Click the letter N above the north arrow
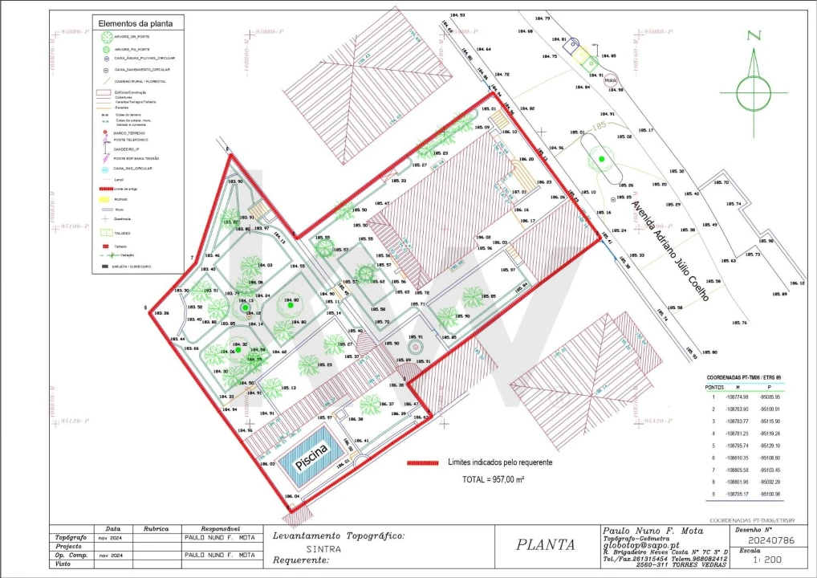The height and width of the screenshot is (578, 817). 753,35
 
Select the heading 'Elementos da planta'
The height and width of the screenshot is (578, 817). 136,23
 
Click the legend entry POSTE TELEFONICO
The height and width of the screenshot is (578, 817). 131,140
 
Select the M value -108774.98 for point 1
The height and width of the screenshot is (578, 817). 737,397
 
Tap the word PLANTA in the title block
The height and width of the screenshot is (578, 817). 546,544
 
